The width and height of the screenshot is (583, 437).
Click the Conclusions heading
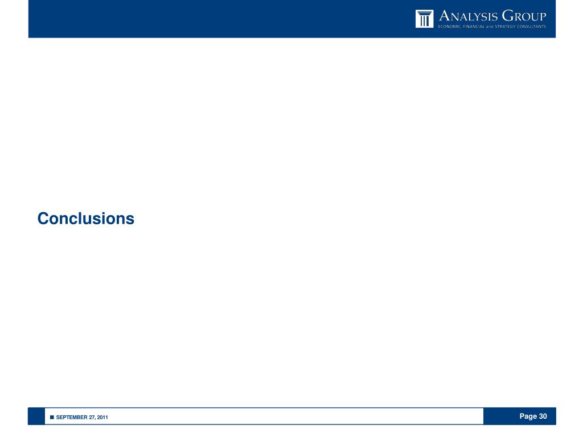click(86, 218)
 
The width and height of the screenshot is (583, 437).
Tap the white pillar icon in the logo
click(424, 19)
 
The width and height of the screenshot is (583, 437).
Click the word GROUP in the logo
click(524, 15)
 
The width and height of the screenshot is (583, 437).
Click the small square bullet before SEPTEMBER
click(52, 418)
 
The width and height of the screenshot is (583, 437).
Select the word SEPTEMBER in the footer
click(71, 418)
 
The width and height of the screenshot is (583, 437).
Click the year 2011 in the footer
click(102, 418)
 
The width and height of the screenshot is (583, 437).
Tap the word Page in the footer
click(528, 417)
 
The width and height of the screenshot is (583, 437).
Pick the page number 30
click(543, 417)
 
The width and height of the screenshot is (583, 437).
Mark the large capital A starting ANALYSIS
click(444, 15)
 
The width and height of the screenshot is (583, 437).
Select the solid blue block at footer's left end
click(36, 417)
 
